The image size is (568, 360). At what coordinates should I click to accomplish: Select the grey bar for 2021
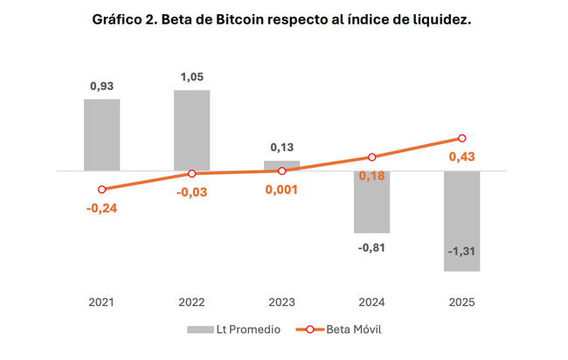coord(102,135)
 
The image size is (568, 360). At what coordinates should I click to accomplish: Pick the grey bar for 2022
coord(191,130)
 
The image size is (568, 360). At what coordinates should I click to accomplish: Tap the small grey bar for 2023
coord(281,165)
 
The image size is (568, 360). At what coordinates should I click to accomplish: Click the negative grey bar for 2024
coord(371,202)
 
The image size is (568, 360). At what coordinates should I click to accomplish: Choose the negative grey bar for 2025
coord(461,221)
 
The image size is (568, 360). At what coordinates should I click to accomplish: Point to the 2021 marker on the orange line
coord(102,190)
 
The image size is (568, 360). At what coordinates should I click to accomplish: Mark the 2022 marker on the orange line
coord(191,174)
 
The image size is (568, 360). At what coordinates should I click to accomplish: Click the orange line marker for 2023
coord(281,170)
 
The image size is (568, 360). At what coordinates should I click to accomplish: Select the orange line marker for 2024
coord(371,157)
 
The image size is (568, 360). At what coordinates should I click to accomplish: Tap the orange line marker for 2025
coord(461,138)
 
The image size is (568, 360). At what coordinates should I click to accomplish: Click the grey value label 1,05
coord(191,76)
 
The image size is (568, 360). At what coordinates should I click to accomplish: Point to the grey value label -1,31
coord(461,253)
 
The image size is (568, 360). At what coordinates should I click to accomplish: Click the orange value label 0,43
coord(461,157)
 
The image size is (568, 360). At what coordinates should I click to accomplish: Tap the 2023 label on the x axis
coord(281,301)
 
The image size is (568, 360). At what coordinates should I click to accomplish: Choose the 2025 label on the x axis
coord(461,301)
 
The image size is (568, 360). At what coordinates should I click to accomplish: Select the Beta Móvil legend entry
coord(341,329)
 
